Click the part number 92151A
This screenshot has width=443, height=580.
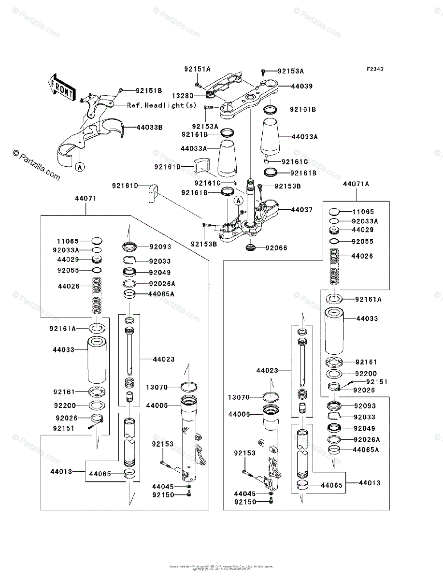[x=197, y=69]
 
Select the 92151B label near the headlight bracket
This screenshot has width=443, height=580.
[x=148, y=90]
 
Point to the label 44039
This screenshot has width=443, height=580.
[x=301, y=86]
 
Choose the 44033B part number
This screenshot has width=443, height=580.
[x=149, y=128]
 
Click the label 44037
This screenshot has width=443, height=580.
[x=301, y=210]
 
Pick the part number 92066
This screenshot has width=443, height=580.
[x=276, y=248]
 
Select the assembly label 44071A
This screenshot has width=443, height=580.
[x=356, y=184]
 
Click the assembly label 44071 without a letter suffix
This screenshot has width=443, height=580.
[x=86, y=199]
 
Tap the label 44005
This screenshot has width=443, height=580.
[x=157, y=406]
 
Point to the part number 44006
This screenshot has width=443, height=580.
[x=239, y=414]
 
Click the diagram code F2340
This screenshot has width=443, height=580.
[x=374, y=69]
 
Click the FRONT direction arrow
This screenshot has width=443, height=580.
[x=61, y=87]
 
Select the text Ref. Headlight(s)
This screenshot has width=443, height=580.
[x=162, y=105]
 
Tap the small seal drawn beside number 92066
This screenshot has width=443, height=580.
[x=251, y=248]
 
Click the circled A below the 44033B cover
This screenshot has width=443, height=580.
[x=80, y=167]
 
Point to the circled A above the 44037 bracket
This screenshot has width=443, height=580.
[x=238, y=200]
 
